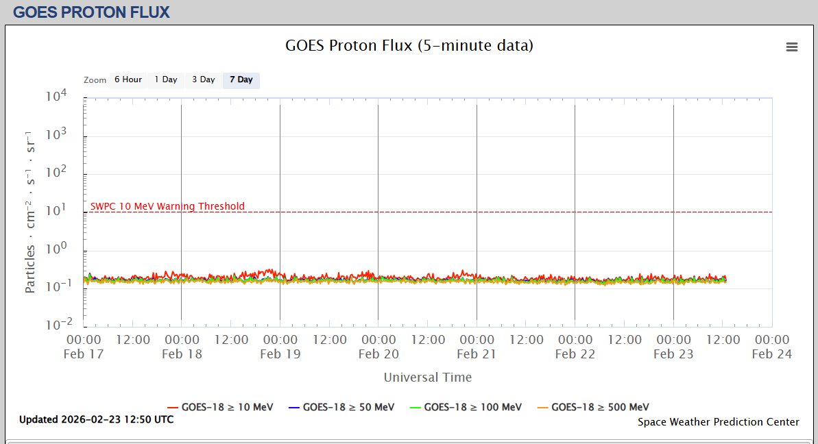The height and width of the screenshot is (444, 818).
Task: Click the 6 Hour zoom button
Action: [128, 80]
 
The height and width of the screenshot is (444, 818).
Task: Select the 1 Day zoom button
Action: [166, 80]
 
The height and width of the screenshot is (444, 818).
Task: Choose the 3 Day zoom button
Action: [204, 80]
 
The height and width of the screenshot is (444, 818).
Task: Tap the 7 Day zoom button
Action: [241, 80]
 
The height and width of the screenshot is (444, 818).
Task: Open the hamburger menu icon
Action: [792, 47]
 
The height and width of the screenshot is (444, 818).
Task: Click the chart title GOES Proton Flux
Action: [409, 46]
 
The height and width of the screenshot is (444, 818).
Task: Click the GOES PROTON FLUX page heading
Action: [91, 12]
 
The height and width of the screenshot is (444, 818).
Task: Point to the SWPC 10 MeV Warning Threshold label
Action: [167, 206]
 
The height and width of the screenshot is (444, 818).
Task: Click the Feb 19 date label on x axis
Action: [280, 354]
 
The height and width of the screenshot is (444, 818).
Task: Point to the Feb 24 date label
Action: [772, 354]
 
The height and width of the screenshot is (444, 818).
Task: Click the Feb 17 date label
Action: [84, 354]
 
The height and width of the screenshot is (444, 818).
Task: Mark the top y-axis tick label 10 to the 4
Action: [56, 97]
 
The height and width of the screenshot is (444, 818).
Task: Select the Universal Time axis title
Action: [428, 378]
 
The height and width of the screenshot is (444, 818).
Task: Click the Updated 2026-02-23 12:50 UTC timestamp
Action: [97, 419]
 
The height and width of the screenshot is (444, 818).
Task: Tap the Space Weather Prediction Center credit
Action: [719, 422]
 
